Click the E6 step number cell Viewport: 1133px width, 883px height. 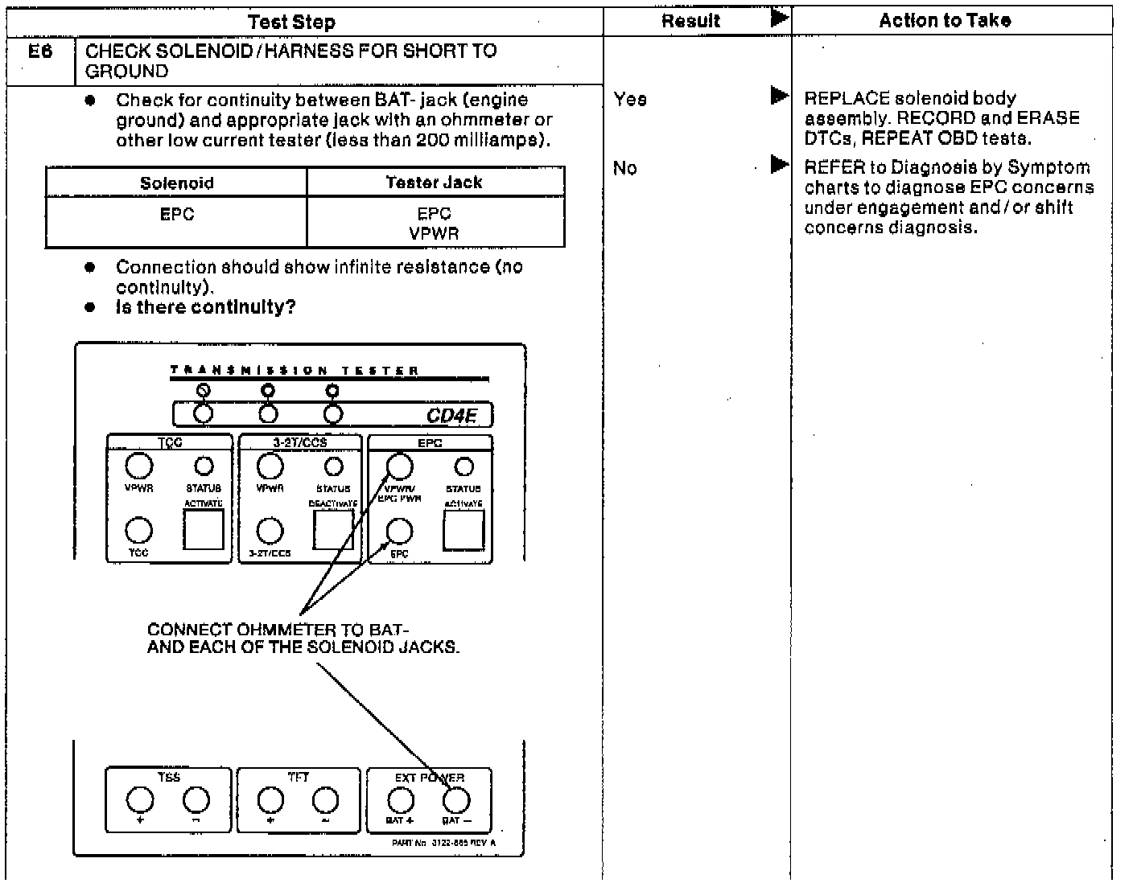pyautogui.click(x=40, y=52)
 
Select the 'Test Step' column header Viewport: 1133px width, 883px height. pyautogui.click(x=291, y=22)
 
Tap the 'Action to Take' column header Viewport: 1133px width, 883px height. pyautogui.click(x=945, y=21)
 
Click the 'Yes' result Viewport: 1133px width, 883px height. pyautogui.click(x=630, y=100)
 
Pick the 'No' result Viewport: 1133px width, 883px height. pyautogui.click(x=625, y=168)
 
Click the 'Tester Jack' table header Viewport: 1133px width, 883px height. pyautogui.click(x=434, y=183)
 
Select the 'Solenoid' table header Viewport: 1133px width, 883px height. pyautogui.click(x=176, y=183)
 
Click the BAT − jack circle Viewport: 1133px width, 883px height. pyautogui.click(x=455, y=800)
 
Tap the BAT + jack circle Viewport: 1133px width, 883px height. pyautogui.click(x=400, y=800)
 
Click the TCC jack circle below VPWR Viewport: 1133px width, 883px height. pyautogui.click(x=139, y=531)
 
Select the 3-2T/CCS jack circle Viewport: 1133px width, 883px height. pyautogui.click(x=270, y=531)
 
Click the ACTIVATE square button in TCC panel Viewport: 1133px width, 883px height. pyautogui.click(x=204, y=529)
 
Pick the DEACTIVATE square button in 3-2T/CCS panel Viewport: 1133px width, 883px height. pyautogui.click(x=333, y=529)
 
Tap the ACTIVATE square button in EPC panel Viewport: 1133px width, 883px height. pyautogui.click(x=464, y=529)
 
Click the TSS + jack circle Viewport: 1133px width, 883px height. pyautogui.click(x=140, y=800)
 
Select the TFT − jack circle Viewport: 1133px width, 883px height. pyautogui.click(x=325, y=800)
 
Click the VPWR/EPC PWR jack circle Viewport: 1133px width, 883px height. pyautogui.click(x=400, y=466)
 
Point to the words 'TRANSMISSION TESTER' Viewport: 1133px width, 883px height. pyautogui.click(x=295, y=371)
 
